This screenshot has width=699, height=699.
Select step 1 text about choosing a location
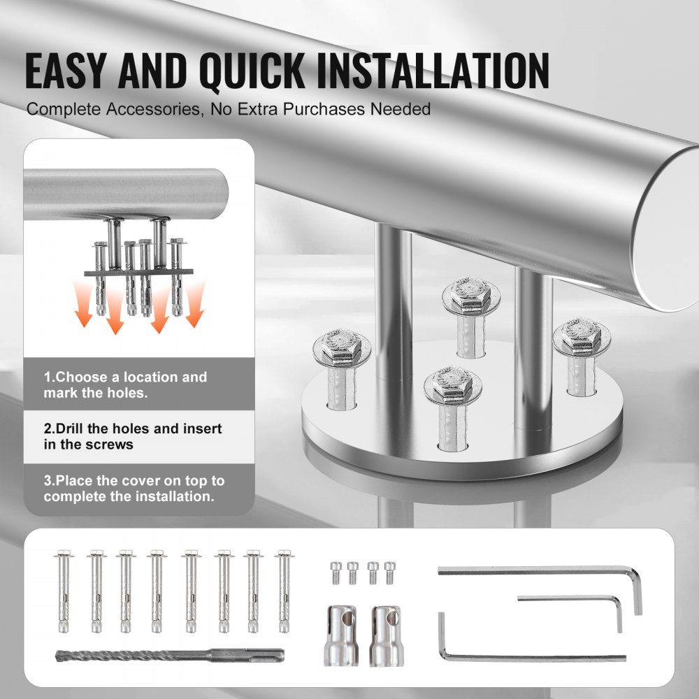point(126,384)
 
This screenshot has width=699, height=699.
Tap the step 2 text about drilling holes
point(133,436)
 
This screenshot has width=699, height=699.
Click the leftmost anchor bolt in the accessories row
point(62,591)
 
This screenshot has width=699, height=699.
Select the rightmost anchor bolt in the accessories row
point(283,591)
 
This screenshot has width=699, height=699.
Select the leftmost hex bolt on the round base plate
point(337,348)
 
